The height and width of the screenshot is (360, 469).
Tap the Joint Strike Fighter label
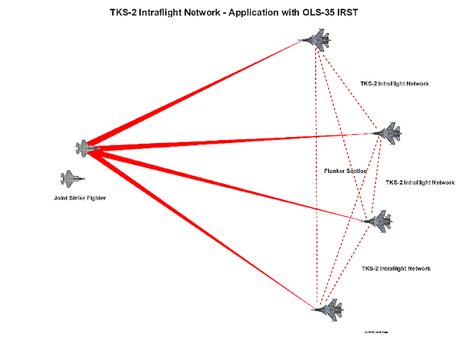click(x=75, y=197)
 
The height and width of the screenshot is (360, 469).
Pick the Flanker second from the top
click(x=388, y=133)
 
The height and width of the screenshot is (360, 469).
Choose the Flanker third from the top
click(x=378, y=220)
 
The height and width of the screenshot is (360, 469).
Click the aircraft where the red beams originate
click(x=87, y=147)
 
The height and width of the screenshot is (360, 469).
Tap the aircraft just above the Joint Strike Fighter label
click(x=72, y=177)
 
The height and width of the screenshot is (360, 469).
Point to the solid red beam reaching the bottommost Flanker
click(x=198, y=225)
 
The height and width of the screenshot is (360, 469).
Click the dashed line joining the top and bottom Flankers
click(x=317, y=176)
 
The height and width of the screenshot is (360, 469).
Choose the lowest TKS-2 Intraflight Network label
click(x=396, y=268)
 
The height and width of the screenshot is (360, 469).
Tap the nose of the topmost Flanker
click(x=304, y=40)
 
